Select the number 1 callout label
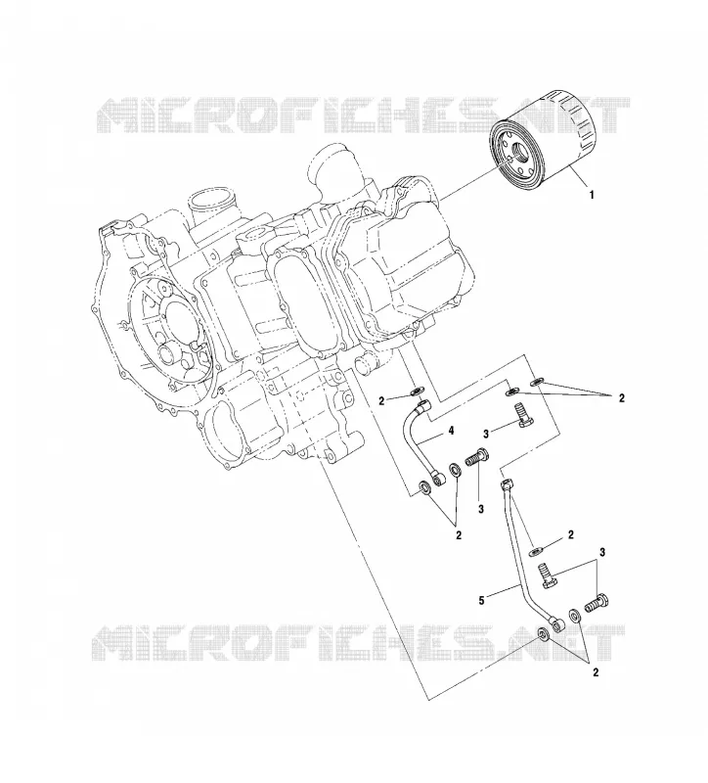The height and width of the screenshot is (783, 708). click(x=593, y=195)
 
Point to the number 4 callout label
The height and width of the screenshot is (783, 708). click(x=451, y=431)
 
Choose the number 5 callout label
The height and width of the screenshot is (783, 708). click(x=481, y=601)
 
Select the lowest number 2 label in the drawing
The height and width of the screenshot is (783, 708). click(x=596, y=672)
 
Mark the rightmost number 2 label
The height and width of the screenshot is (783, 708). click(x=621, y=398)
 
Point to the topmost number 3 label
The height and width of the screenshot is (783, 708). click(x=486, y=433)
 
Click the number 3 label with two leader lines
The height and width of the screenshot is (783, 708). click(x=602, y=552)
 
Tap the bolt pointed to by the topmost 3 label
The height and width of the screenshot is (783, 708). click(x=523, y=417)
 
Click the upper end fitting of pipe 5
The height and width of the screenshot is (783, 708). click(x=507, y=484)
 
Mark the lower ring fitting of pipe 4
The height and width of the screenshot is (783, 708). click(x=439, y=479)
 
